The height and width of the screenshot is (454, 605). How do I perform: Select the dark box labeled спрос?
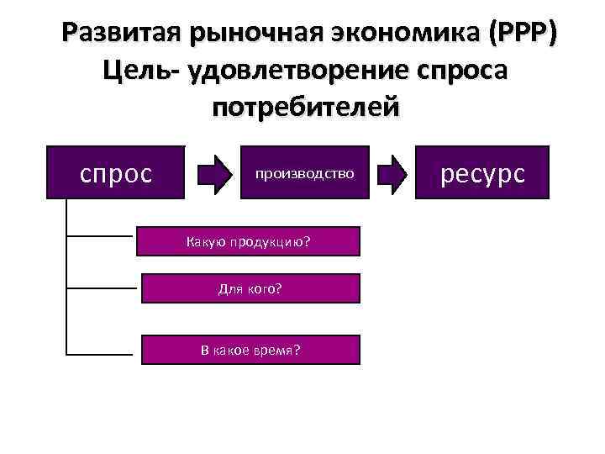click(x=116, y=172)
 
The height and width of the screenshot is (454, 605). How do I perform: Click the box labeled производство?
click(x=304, y=174)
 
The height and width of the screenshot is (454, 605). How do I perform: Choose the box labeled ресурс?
click(x=483, y=172)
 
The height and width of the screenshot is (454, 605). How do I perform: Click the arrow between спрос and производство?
click(x=213, y=174)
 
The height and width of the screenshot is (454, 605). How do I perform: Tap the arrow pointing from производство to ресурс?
click(x=393, y=174)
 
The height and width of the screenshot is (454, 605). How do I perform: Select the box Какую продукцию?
click(x=248, y=242)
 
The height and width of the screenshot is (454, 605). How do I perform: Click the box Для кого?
click(x=250, y=288)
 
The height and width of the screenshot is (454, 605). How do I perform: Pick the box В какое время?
click(x=250, y=349)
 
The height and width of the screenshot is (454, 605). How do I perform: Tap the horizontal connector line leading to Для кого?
click(x=101, y=288)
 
